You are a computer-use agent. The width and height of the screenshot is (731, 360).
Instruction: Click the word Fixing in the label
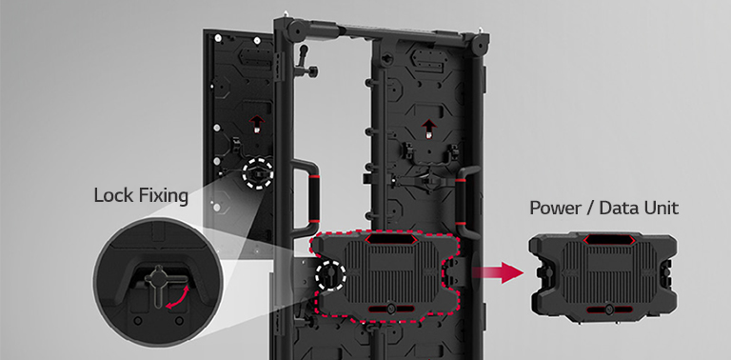161,196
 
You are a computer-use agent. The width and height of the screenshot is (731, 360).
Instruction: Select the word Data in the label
618,208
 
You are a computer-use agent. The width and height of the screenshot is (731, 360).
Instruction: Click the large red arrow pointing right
498,272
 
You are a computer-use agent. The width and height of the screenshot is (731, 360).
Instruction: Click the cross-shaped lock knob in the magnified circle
157,284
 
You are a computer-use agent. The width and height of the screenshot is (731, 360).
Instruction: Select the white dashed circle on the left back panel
257,172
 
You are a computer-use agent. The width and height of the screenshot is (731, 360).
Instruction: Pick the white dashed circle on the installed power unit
330,275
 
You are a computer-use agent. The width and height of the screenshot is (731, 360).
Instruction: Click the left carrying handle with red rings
307,198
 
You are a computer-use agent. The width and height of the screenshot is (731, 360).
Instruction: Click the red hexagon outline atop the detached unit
609,240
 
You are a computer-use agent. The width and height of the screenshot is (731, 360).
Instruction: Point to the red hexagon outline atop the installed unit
391,239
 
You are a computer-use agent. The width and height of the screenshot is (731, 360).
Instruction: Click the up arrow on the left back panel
256,124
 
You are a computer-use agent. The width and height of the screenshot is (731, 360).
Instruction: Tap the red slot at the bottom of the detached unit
609,310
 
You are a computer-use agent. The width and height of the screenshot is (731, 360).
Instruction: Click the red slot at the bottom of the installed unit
391,309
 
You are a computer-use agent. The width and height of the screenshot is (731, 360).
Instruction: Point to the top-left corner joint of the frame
295,30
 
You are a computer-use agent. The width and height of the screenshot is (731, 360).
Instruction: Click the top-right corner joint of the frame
479,44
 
